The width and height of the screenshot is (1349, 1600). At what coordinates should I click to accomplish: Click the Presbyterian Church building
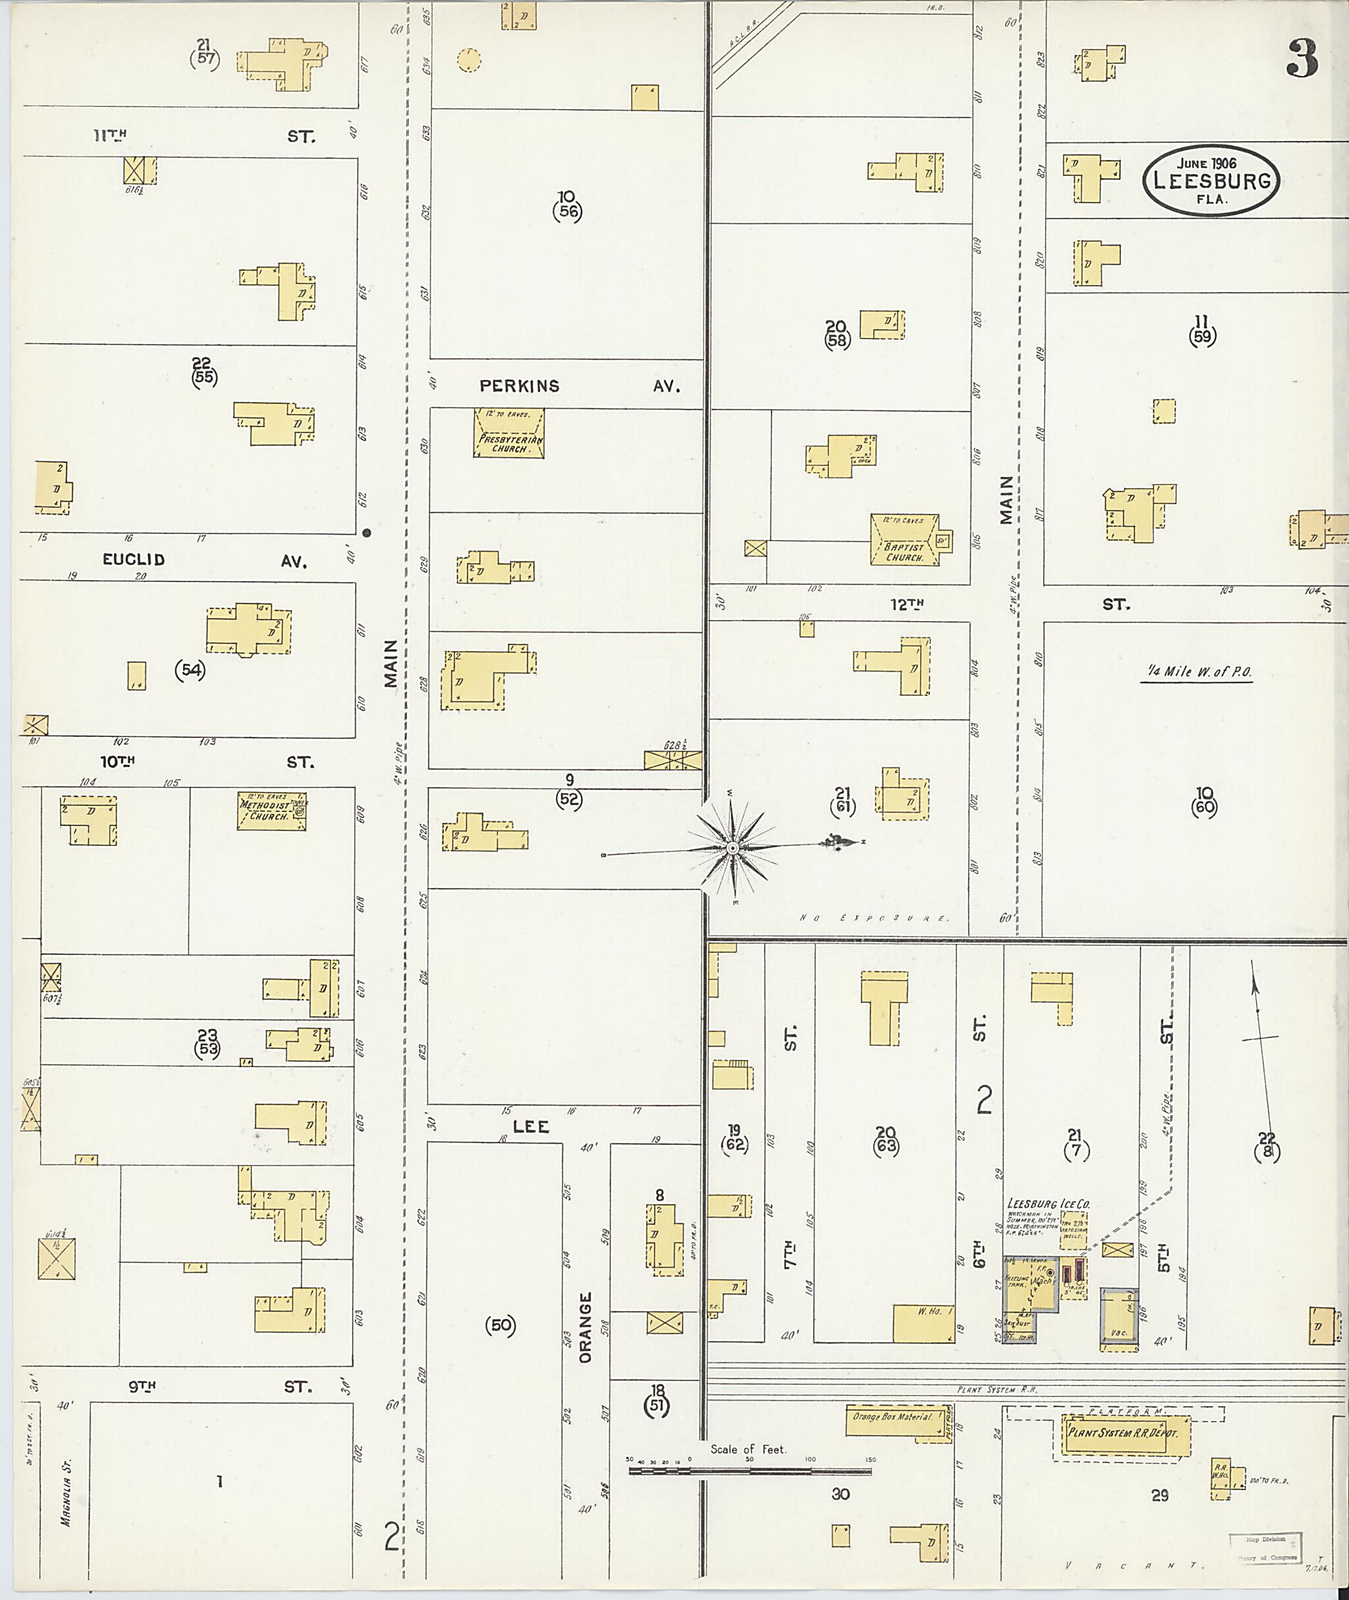tap(509, 433)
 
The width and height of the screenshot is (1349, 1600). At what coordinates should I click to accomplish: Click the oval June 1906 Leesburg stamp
tap(1211, 180)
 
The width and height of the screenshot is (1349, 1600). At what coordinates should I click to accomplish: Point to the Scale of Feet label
tap(747, 1449)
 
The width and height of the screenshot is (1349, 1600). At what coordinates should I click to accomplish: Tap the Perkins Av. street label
tap(578, 386)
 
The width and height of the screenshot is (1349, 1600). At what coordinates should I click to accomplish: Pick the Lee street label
tap(531, 1127)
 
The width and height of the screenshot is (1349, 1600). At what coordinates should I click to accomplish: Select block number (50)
tap(500, 1325)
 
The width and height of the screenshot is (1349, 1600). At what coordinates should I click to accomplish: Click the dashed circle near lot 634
tap(469, 60)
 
